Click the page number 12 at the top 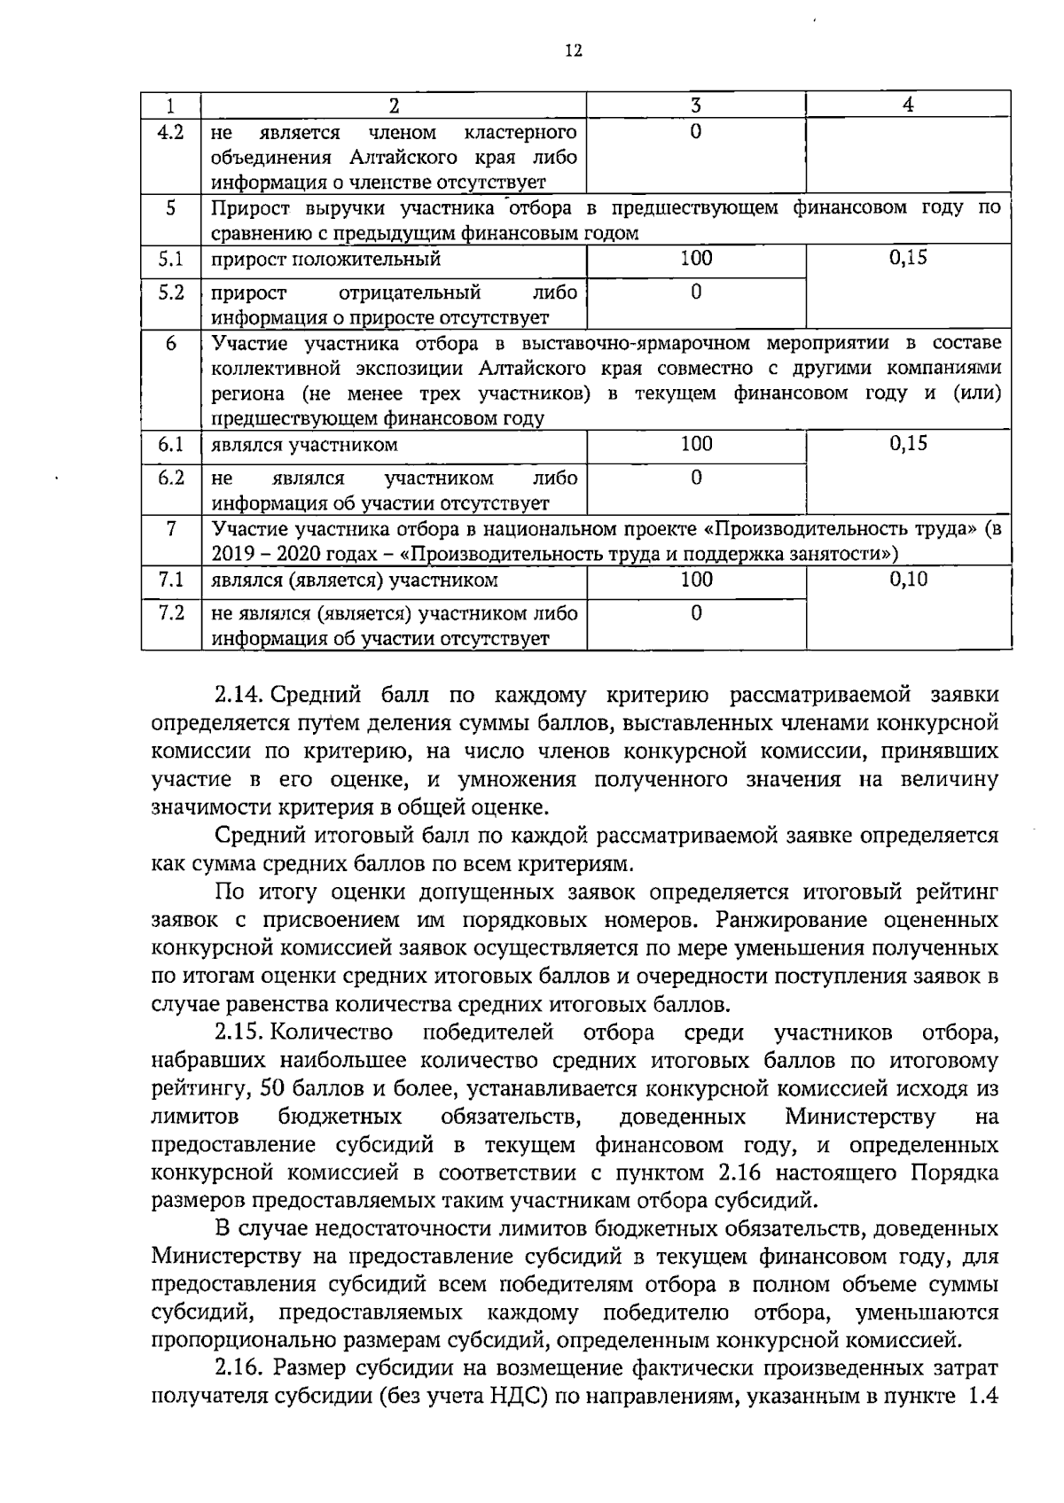(574, 51)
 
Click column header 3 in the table (696, 105)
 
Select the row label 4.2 (170, 132)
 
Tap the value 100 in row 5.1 (696, 258)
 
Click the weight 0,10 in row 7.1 (908, 579)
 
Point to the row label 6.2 (170, 478)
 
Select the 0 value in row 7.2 (696, 612)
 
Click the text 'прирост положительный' (325, 260)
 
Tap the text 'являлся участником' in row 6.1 (304, 445)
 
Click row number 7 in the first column (170, 529)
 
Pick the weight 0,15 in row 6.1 (908, 443)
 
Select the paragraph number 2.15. (239, 1032)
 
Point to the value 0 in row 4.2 (696, 132)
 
